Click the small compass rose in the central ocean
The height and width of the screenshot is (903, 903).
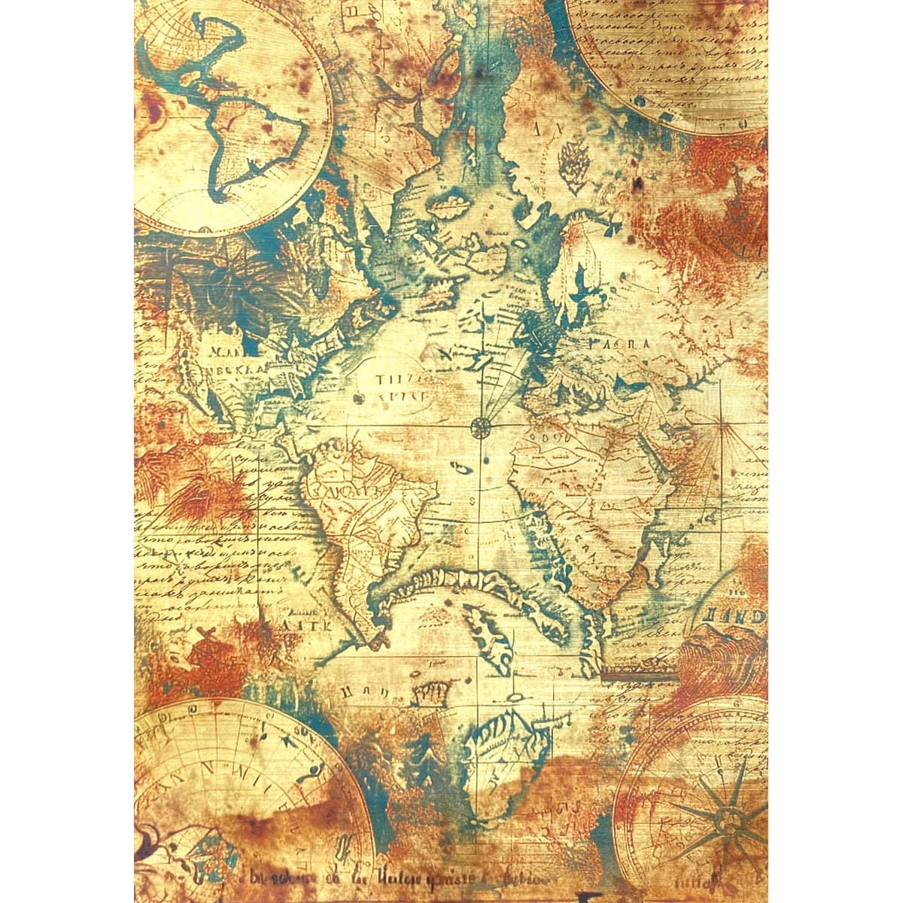pos(479,427)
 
